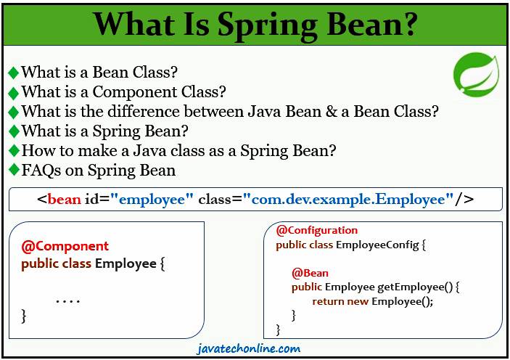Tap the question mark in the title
coord(407,25)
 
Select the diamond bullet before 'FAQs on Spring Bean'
coord(13,171)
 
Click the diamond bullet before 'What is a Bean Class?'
coord(13,73)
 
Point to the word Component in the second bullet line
coord(133,92)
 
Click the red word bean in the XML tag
coord(64,199)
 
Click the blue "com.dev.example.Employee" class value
coord(348,199)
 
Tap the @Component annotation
coord(65,246)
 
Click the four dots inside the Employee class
coord(67,300)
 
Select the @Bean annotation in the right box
coord(310,274)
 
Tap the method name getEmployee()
coord(417,287)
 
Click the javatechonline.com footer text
coord(248,348)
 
